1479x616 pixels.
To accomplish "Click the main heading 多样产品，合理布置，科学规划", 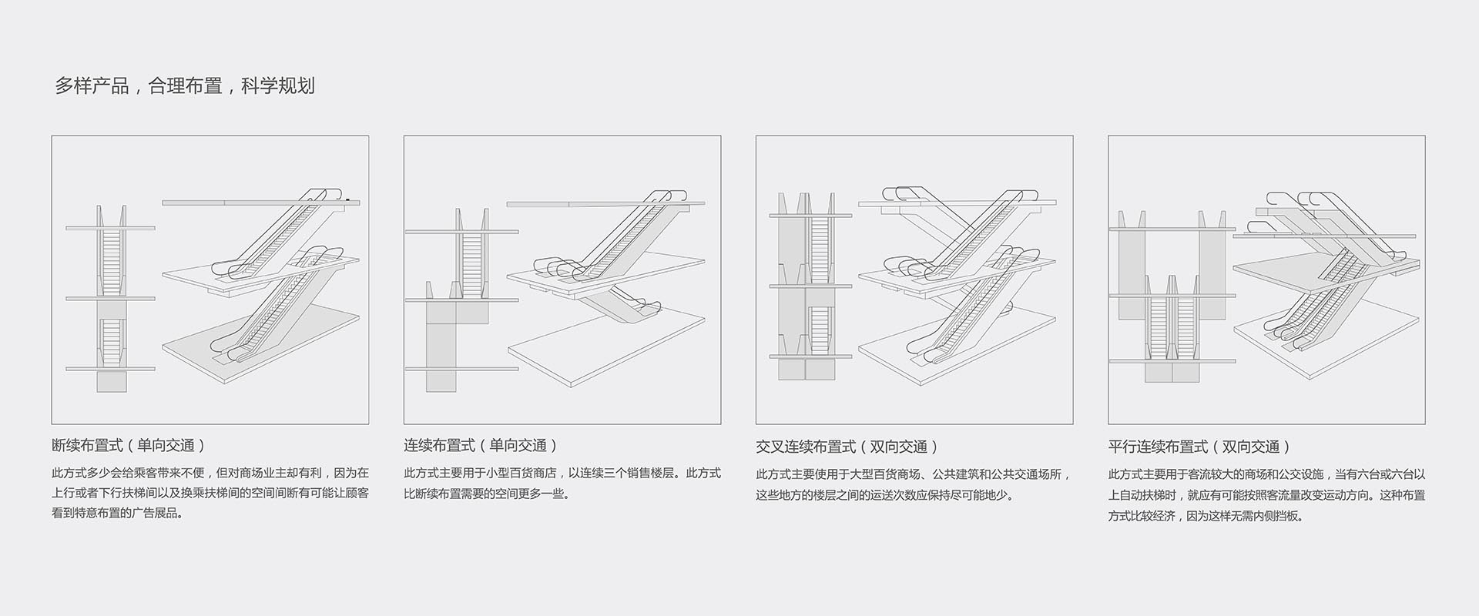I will click(184, 85).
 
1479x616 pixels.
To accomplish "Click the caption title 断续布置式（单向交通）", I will click(128, 445).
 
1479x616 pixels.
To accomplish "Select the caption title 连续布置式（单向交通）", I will click(480, 445).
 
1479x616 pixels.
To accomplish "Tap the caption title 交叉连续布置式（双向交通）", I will click(847, 447).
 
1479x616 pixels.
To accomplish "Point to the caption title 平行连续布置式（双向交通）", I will click(1199, 447).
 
